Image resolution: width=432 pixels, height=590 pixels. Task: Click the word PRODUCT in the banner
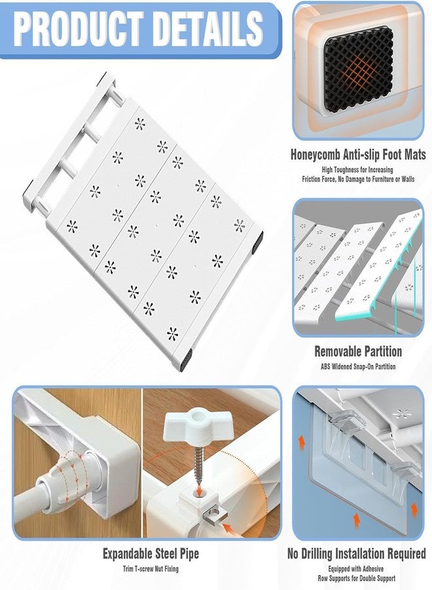[80, 29]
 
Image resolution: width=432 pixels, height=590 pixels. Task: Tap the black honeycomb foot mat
[359, 69]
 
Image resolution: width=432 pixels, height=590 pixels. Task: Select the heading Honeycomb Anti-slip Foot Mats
[358, 155]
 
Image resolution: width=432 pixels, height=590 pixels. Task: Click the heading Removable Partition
[358, 351]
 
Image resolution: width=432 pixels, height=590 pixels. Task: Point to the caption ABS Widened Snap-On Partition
[358, 366]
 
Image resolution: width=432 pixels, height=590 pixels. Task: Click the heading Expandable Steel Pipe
[151, 553]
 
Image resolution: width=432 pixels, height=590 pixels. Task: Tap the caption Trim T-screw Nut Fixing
[151, 568]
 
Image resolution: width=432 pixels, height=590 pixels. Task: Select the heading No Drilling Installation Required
[357, 553]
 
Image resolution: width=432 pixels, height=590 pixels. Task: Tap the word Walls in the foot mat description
[408, 179]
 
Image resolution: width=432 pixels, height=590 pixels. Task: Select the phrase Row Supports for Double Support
[357, 578]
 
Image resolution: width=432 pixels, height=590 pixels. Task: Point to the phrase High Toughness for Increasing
[357, 170]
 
